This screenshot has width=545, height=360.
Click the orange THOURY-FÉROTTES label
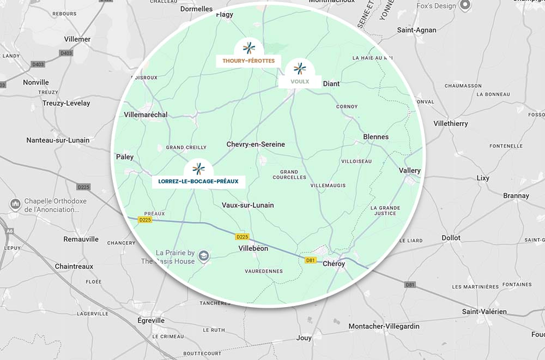coord(248,61)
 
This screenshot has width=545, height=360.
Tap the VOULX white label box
coord(300,82)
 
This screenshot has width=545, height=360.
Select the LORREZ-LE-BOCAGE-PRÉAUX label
coord(198,181)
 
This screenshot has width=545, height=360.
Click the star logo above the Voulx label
coord(300,69)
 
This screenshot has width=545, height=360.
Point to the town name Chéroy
coord(334,263)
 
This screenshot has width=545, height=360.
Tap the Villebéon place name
coord(253,248)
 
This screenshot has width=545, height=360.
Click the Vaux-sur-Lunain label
coord(248,205)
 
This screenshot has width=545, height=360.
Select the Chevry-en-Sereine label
coord(256,144)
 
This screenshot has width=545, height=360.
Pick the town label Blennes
coord(376,137)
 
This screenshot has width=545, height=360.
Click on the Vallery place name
coord(409,171)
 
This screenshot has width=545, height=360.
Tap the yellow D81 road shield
coord(311,260)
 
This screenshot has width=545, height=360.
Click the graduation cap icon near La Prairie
coord(204,256)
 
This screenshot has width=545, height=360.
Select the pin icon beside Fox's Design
coord(465,5)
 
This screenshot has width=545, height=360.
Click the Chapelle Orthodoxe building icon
coord(15,204)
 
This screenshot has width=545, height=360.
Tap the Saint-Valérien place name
coord(484,311)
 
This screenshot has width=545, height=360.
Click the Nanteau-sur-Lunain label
coord(58,140)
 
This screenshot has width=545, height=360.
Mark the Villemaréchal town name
coord(146,115)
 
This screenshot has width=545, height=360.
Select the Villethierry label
coord(451,123)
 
